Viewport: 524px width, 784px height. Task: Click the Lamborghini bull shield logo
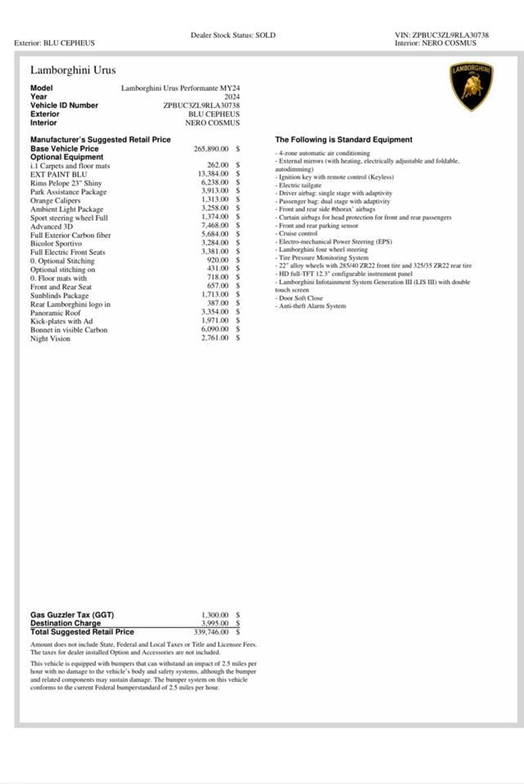point(471,86)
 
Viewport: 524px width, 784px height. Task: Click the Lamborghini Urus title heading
point(73,70)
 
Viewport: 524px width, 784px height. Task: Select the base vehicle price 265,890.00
point(211,149)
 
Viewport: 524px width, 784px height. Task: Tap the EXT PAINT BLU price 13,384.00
point(213,174)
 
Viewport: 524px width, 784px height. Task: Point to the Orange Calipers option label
point(55,201)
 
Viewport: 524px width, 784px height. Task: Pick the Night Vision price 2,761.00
point(215,338)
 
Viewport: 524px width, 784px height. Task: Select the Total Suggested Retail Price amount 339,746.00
point(211,632)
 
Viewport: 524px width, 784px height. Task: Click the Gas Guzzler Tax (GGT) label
point(72,615)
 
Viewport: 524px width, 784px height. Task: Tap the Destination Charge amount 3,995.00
point(215,623)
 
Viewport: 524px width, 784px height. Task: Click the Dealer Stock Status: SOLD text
point(233,35)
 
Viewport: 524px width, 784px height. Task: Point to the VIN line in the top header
point(442,35)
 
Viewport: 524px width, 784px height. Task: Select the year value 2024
point(232,97)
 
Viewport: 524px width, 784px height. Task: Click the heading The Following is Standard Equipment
point(344,140)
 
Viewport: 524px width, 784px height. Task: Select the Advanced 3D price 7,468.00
point(215,226)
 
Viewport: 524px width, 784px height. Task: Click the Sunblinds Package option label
point(59,296)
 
